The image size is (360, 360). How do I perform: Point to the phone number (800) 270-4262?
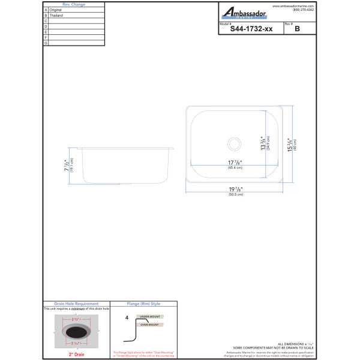(x=304, y=10)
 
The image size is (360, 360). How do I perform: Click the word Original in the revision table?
(x=56, y=10)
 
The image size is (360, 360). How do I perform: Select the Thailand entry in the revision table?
(x=56, y=16)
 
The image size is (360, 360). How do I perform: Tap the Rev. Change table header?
(x=74, y=4)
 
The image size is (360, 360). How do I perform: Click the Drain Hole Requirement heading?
(x=76, y=304)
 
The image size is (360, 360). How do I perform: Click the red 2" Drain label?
(x=76, y=355)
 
